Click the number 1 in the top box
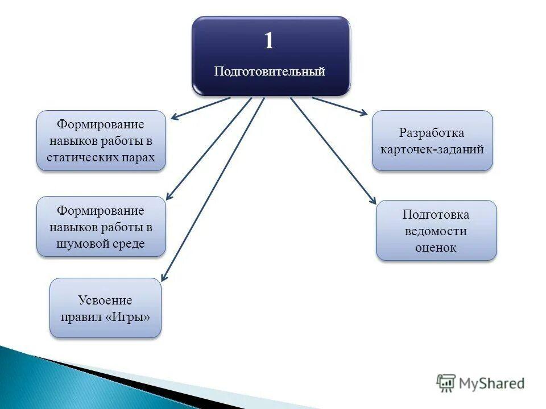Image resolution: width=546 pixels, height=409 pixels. (x=269, y=41)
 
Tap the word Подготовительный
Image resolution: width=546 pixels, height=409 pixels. (x=270, y=72)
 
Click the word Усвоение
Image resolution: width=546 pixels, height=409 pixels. (x=105, y=301)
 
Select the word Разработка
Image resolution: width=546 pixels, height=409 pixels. (x=432, y=133)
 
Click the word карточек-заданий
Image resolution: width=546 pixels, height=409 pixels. (x=432, y=149)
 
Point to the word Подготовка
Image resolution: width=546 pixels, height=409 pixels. (x=436, y=215)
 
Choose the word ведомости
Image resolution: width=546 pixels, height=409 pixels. (x=436, y=231)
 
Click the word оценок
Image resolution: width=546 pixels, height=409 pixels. (x=436, y=248)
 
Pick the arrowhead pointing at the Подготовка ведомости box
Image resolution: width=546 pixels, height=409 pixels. (x=373, y=200)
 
